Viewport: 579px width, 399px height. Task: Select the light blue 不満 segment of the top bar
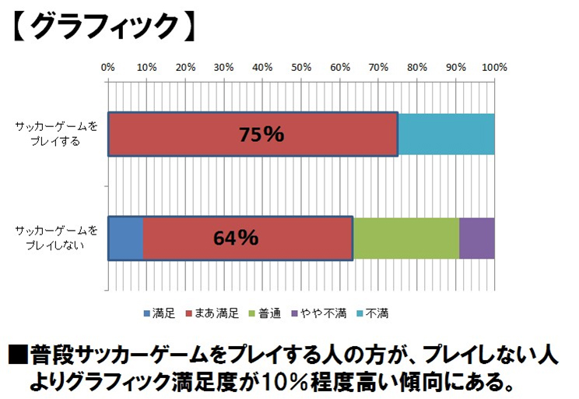coord(446,134)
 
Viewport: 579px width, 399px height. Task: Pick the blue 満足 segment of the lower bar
coord(125,238)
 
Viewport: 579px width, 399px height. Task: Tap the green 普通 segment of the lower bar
coord(405,238)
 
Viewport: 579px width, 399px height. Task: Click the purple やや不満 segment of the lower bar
coord(476,238)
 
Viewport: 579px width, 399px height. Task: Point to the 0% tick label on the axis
coord(108,68)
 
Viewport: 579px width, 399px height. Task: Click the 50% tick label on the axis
coord(301,68)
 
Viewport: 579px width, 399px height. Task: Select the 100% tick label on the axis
coord(494,68)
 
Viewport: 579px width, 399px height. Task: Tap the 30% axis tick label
coord(224,68)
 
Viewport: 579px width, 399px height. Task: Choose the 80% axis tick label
coord(417,68)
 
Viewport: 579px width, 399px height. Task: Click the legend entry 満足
coord(160,313)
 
